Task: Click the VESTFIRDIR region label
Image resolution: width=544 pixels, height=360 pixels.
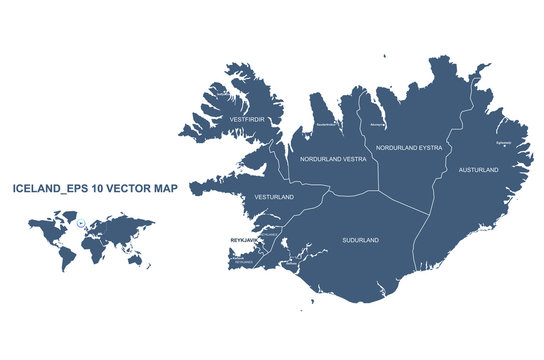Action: [x=246, y=119]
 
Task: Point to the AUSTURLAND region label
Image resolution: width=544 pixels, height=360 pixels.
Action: [x=477, y=170]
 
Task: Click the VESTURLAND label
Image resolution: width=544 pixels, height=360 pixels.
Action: [x=274, y=197]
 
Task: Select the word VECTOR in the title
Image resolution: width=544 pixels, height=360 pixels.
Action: [x=122, y=188]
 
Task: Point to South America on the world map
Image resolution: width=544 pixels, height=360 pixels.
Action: [x=66, y=256]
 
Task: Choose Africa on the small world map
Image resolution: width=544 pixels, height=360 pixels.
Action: [x=93, y=245]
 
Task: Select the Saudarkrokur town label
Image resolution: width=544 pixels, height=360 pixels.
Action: [x=326, y=125]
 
